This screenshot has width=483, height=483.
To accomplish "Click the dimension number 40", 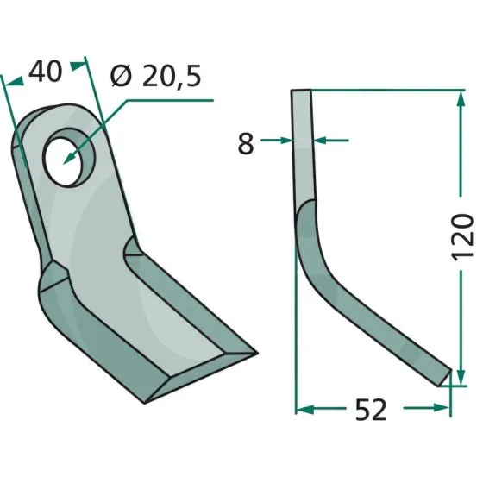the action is point(46,72).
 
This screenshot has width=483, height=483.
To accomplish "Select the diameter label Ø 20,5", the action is point(156,76).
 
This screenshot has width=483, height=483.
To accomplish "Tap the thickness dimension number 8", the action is point(246,143).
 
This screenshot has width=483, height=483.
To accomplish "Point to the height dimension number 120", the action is point(461,236).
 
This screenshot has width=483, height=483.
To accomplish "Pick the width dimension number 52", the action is point(371,410).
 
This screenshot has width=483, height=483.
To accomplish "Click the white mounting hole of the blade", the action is point(60,163).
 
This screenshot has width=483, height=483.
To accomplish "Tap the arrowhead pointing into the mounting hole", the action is point(69,158).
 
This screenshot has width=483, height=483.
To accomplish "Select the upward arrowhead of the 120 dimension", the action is point(461,98).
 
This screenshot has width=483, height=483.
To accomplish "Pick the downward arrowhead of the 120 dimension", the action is point(461,377).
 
